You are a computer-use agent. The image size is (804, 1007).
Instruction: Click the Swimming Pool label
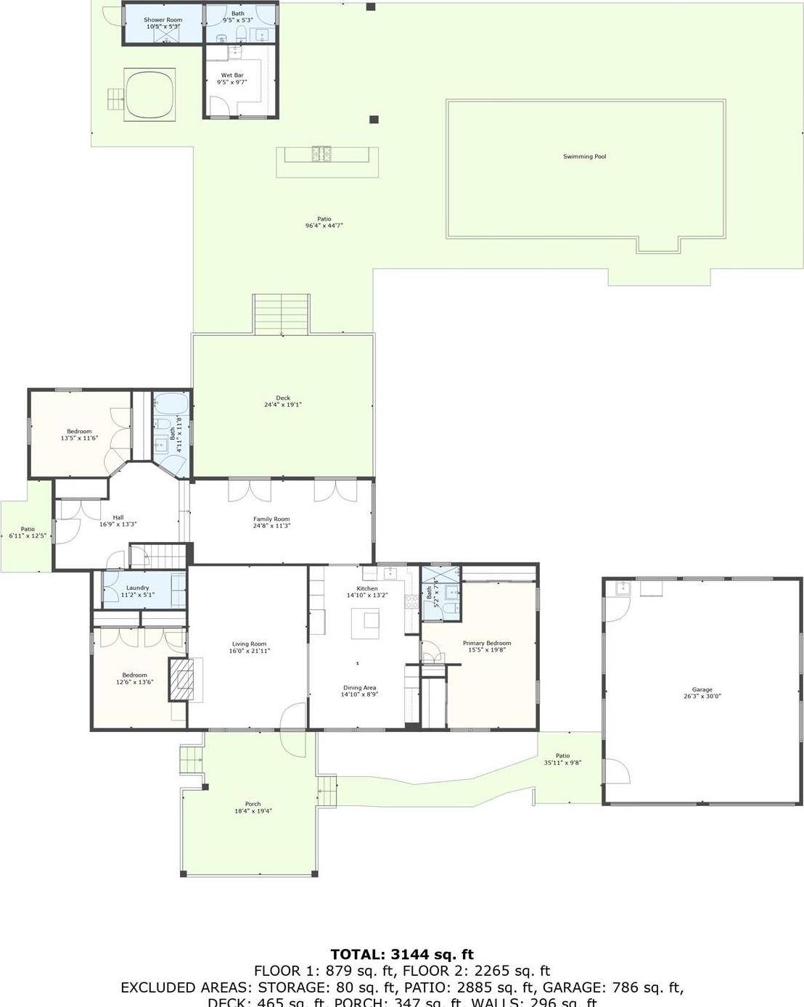pos(584,157)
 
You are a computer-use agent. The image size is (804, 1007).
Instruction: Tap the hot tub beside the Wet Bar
pos(150,94)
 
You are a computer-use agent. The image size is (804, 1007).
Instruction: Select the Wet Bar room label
pos(232,75)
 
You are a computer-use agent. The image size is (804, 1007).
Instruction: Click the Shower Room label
pos(163,20)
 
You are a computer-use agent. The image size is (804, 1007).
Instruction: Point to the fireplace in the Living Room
pos(182,680)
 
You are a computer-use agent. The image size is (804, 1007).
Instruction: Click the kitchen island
pos(366,623)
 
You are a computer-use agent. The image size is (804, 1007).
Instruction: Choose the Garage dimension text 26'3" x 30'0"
pos(702,696)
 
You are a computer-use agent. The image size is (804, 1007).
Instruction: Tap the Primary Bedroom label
pos(487,644)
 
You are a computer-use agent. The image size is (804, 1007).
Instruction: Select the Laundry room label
pos(137,588)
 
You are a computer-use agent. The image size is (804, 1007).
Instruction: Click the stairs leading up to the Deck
pos(282,314)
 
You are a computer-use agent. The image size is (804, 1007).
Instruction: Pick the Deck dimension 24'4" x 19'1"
pos(283,405)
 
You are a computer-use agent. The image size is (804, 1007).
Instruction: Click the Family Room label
pos(271,519)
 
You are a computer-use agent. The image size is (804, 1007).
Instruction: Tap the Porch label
pos(253,804)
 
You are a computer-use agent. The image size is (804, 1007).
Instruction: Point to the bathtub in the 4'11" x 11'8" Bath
pos(171,403)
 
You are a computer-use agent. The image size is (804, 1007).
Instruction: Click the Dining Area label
pos(359,688)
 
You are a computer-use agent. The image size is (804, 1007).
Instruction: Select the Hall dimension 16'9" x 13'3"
pos(118,525)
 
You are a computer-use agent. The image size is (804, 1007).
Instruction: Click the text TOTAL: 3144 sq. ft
pos(402,955)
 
